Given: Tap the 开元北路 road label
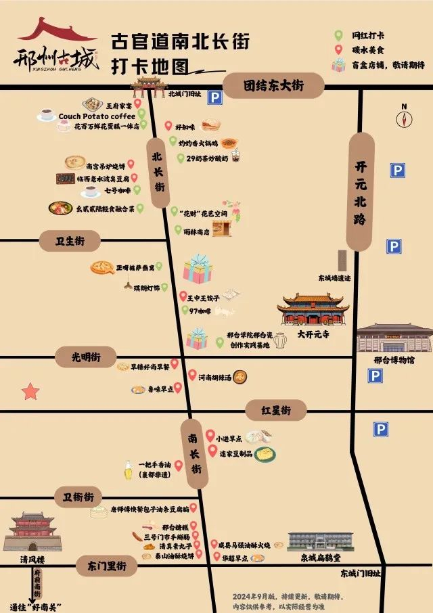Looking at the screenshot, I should tap(360, 191).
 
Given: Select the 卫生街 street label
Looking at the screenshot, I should tap(70, 241).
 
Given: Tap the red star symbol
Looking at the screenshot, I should tap(30, 391).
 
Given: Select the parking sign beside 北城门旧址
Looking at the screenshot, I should tap(214, 98).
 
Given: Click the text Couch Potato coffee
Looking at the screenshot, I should tap(97, 116).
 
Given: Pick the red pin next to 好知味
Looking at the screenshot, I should tap(168, 126).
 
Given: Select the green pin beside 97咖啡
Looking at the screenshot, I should tap(185, 311).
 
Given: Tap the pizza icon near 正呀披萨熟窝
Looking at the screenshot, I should tap(102, 268).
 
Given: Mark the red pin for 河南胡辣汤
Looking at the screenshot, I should tap(192, 374).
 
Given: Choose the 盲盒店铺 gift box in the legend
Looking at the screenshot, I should tap(338, 65).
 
